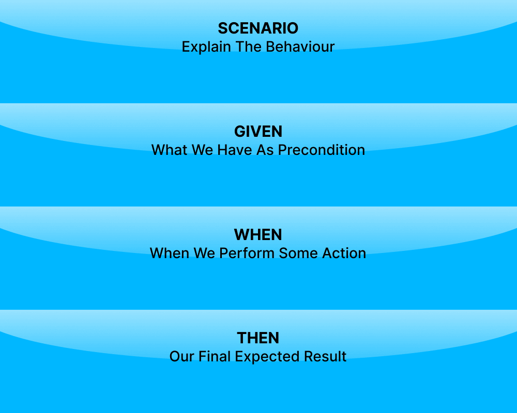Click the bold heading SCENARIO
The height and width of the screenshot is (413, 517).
pos(258,28)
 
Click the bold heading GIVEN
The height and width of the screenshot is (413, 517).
pos(258,132)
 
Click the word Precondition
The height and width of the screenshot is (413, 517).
pos(322,150)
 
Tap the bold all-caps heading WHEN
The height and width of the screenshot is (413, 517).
pos(258,235)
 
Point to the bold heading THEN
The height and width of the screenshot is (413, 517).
pos(258,338)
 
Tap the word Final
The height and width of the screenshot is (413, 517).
pos(214,357)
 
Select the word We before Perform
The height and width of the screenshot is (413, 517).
pos(205,253)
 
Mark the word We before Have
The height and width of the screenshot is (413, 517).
pos(204,150)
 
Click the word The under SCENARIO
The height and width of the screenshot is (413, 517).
pos(249,47)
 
